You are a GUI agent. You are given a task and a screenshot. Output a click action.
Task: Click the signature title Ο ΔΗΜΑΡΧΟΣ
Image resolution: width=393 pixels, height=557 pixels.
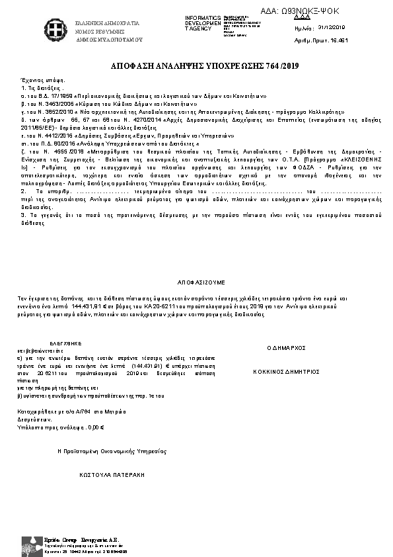tap(285, 347)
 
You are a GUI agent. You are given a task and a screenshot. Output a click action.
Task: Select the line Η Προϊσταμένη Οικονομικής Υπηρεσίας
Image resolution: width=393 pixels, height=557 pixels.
tap(111, 450)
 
